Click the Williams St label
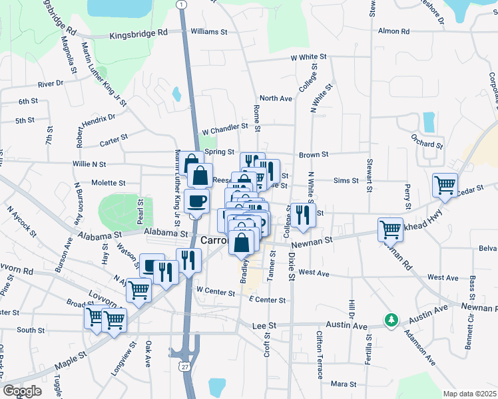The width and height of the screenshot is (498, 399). point(209,31)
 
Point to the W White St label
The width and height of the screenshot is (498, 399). point(308,58)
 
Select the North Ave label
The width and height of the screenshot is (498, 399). point(276,98)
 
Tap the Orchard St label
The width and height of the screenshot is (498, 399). point(427,144)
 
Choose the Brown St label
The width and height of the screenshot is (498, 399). point(314,154)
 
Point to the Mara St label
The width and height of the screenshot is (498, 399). point(344,384)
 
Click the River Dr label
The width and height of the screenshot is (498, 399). point(50,84)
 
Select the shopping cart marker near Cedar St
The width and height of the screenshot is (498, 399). point(445,185)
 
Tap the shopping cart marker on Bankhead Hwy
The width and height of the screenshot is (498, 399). point(390,229)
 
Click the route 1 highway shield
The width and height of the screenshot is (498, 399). point(181,5)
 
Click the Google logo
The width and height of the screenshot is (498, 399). point(22,391)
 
